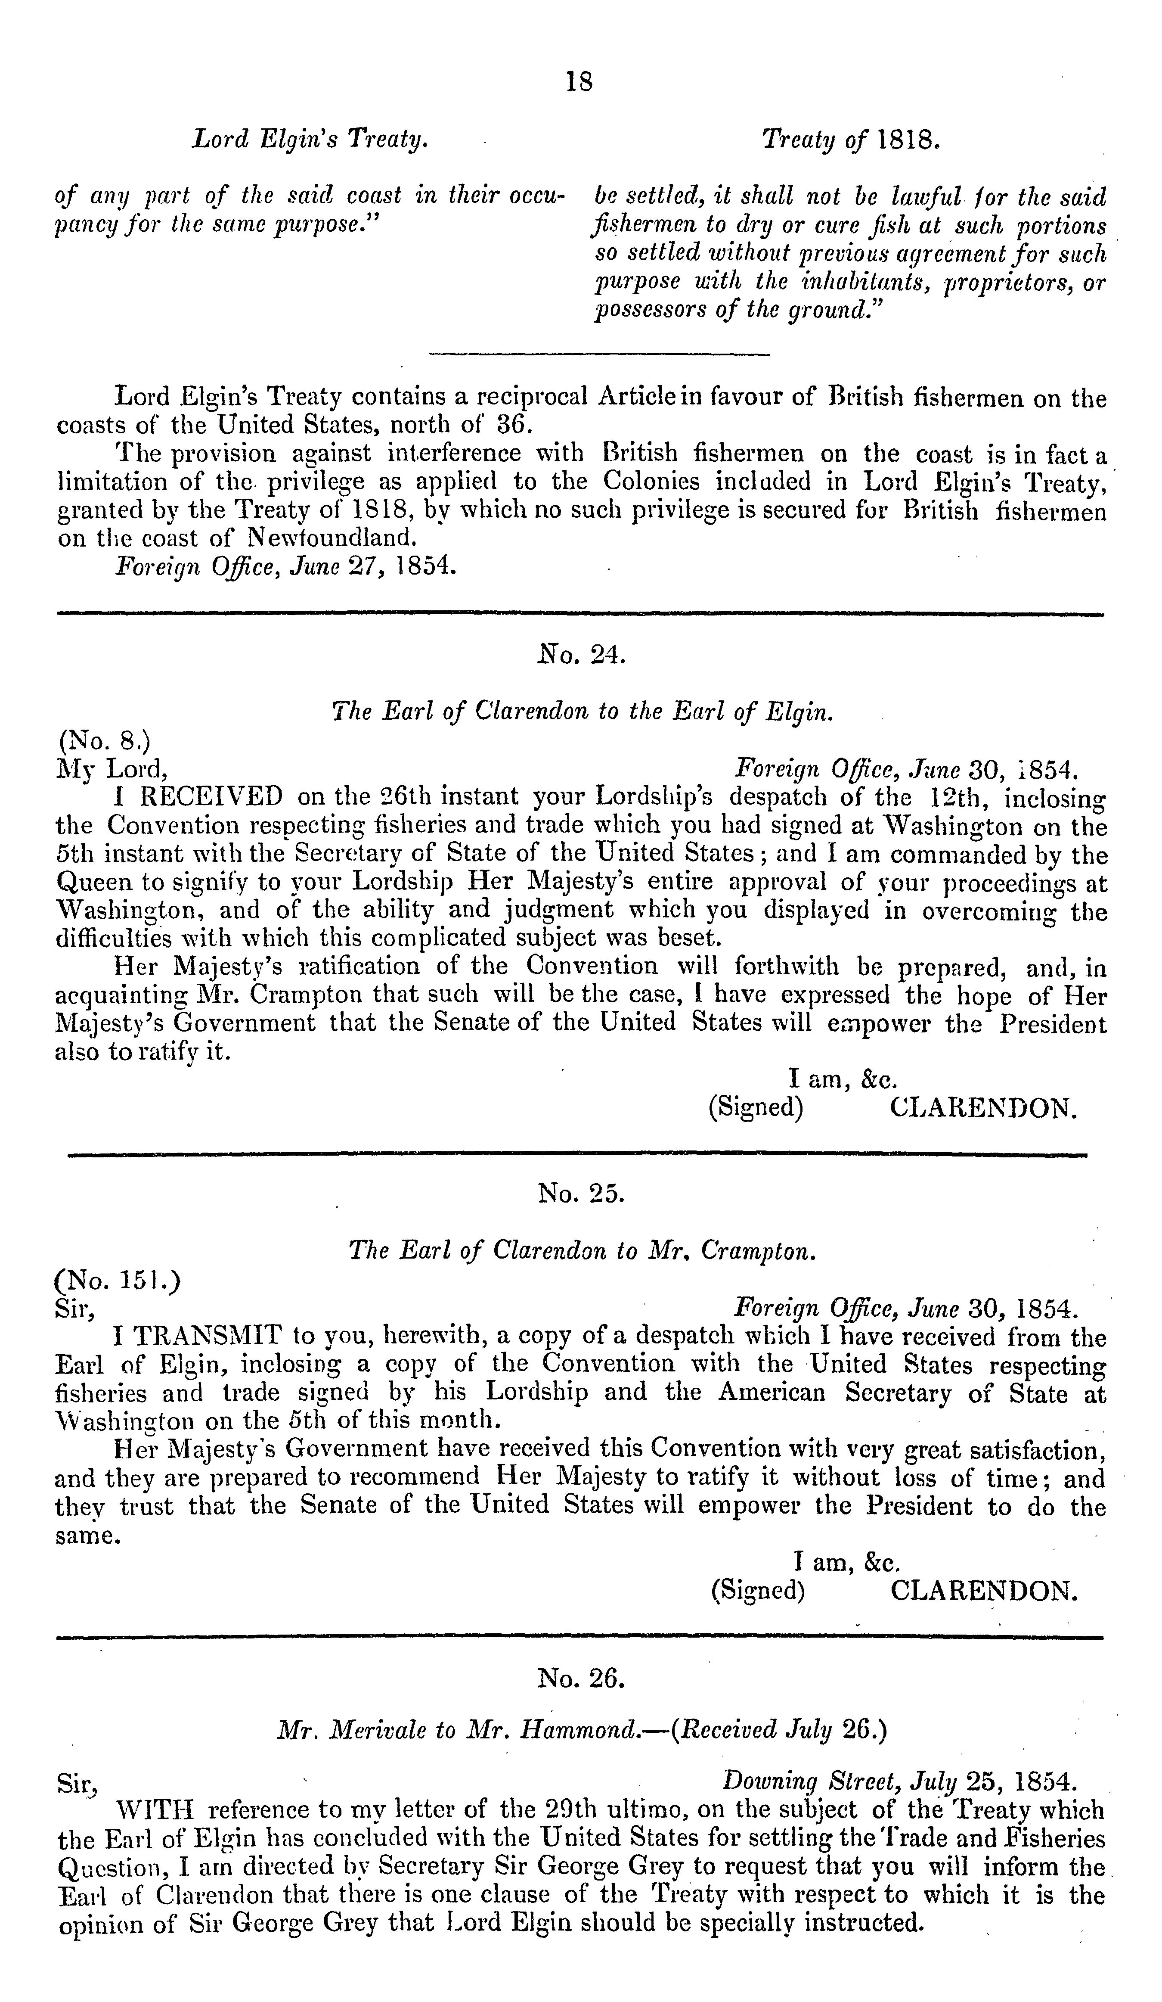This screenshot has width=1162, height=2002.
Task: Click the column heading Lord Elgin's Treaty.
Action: click(310, 140)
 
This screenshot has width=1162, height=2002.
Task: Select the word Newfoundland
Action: click(332, 538)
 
